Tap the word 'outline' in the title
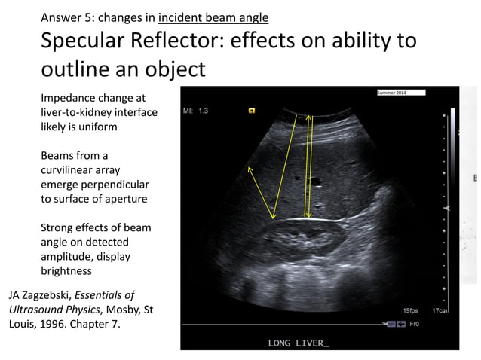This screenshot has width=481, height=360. tap(78, 69)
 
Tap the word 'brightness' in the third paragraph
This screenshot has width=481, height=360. tap(66, 270)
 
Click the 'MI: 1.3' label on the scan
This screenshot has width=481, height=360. tap(195, 111)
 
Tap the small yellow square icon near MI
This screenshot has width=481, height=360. tap(251, 110)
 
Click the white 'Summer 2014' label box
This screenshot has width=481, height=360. tap(401, 93)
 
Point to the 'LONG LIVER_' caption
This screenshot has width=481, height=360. tap(299, 343)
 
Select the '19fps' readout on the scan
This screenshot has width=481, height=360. tap(409, 310)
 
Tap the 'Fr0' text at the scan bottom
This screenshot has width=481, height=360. tap(413, 324)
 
